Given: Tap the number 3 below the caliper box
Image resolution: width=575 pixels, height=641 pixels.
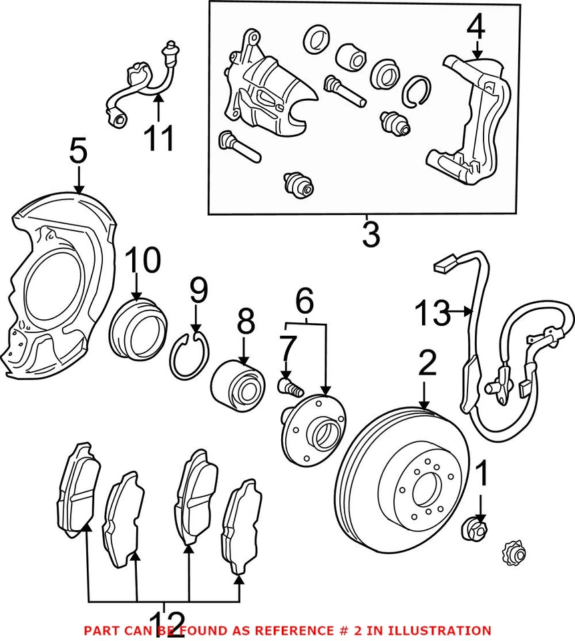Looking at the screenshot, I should coord(370,235).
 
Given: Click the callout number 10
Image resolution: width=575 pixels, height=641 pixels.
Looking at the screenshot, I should coord(143,261).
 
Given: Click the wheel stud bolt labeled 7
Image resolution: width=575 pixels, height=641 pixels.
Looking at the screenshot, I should coord(289,385).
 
